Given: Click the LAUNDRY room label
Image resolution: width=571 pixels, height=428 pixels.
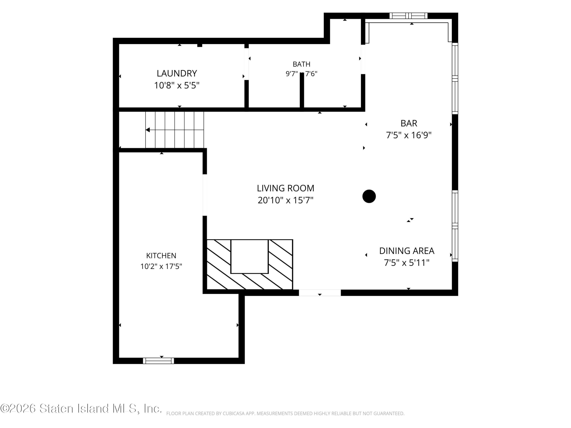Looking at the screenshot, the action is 177,74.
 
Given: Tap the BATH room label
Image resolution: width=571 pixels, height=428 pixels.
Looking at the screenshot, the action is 302,64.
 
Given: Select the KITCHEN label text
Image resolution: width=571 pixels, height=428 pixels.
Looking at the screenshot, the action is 161,256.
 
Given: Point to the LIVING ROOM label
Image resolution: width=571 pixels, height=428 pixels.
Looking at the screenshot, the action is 285,188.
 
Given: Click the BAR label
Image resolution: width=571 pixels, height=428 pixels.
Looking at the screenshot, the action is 409,123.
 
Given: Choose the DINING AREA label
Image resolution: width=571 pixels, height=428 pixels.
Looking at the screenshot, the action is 407,251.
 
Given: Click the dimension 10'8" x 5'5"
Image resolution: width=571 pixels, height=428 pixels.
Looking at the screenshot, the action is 177,85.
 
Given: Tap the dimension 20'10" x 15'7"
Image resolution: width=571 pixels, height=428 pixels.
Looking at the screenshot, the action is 285,200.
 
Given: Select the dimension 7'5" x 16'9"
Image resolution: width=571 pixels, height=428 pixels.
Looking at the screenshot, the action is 409,135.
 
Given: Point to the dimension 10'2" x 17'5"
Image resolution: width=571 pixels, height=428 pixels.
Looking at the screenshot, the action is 161,266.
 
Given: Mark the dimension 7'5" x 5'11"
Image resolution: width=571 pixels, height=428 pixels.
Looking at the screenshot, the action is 407,263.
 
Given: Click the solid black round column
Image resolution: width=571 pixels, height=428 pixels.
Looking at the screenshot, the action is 369,196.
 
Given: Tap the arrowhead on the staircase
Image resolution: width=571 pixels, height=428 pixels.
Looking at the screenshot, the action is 148,130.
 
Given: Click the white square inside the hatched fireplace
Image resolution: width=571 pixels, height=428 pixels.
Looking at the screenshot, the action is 249,256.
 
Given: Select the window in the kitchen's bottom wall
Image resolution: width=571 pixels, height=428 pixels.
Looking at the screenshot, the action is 159,361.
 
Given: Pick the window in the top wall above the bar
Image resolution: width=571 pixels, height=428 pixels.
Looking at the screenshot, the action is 408,16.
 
